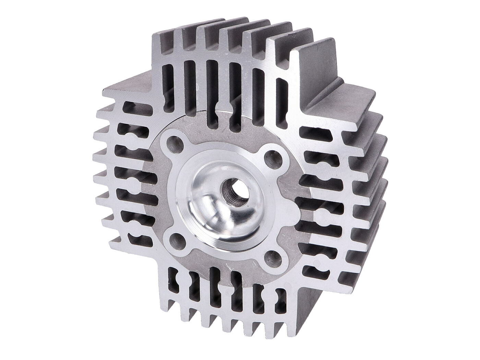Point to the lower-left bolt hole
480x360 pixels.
(x=177, y=239)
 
